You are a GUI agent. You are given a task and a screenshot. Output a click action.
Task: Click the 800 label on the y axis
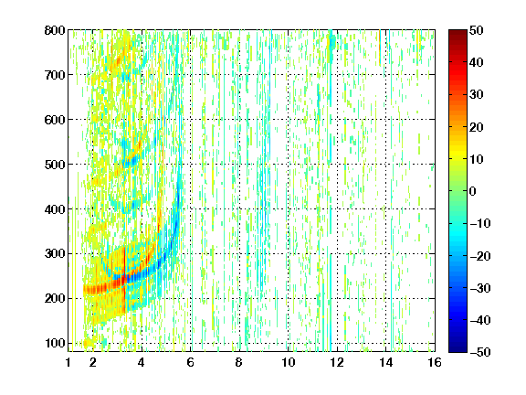click(x=55, y=30)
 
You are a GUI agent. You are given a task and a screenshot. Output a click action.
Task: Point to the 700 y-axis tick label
click(x=55, y=75)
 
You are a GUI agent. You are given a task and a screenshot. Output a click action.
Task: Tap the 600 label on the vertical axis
click(x=55, y=120)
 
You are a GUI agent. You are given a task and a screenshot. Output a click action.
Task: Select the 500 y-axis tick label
click(x=55, y=165)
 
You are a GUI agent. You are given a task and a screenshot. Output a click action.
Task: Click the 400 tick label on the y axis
click(x=55, y=209)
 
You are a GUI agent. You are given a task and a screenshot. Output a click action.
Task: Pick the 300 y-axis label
click(x=55, y=254)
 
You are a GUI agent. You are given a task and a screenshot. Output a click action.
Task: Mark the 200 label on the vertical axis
click(x=55, y=299)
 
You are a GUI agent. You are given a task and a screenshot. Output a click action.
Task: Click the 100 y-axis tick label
click(x=55, y=343)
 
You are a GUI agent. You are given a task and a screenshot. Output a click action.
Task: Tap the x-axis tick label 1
click(x=68, y=362)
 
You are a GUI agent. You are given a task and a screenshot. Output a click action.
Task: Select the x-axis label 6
click(x=191, y=362)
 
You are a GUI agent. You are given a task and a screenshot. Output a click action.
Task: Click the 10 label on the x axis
click(x=289, y=362)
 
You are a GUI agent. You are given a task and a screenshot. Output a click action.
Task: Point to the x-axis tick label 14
click(x=386, y=362)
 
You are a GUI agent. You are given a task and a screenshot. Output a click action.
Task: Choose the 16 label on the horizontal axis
click(x=435, y=362)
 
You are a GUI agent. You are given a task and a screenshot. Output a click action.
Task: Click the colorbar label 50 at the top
click(x=477, y=30)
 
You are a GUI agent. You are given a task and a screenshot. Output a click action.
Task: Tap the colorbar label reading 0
click(x=473, y=191)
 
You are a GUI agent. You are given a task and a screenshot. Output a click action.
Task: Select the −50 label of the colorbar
click(x=480, y=352)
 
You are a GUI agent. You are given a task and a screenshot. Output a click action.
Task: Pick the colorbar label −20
click(x=480, y=256)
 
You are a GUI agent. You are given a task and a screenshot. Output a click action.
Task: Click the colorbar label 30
click(x=477, y=95)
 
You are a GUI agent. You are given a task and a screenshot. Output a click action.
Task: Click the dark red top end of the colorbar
click(x=458, y=31)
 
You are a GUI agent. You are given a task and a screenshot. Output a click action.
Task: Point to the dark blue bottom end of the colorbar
click(x=458, y=350)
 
